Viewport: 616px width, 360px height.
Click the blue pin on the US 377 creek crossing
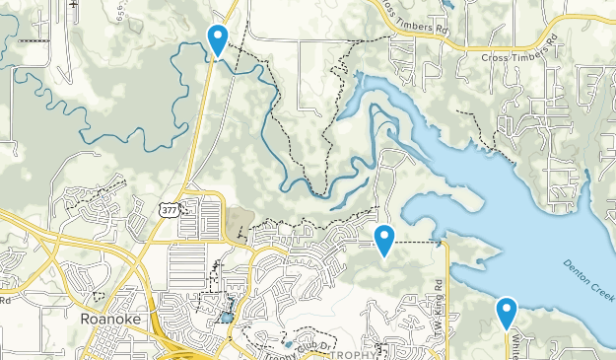click(217, 39)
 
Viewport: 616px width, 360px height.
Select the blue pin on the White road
click(507, 312)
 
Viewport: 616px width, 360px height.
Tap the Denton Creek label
click(589, 281)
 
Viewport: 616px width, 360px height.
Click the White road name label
click(515, 346)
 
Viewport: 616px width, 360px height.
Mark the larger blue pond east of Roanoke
click(228, 318)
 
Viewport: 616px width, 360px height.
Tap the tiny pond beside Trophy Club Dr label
click(288, 344)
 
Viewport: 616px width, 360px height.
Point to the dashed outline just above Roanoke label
click(97, 296)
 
